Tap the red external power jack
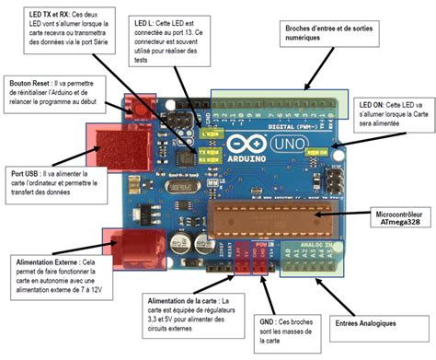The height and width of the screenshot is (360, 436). pos(132,247)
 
